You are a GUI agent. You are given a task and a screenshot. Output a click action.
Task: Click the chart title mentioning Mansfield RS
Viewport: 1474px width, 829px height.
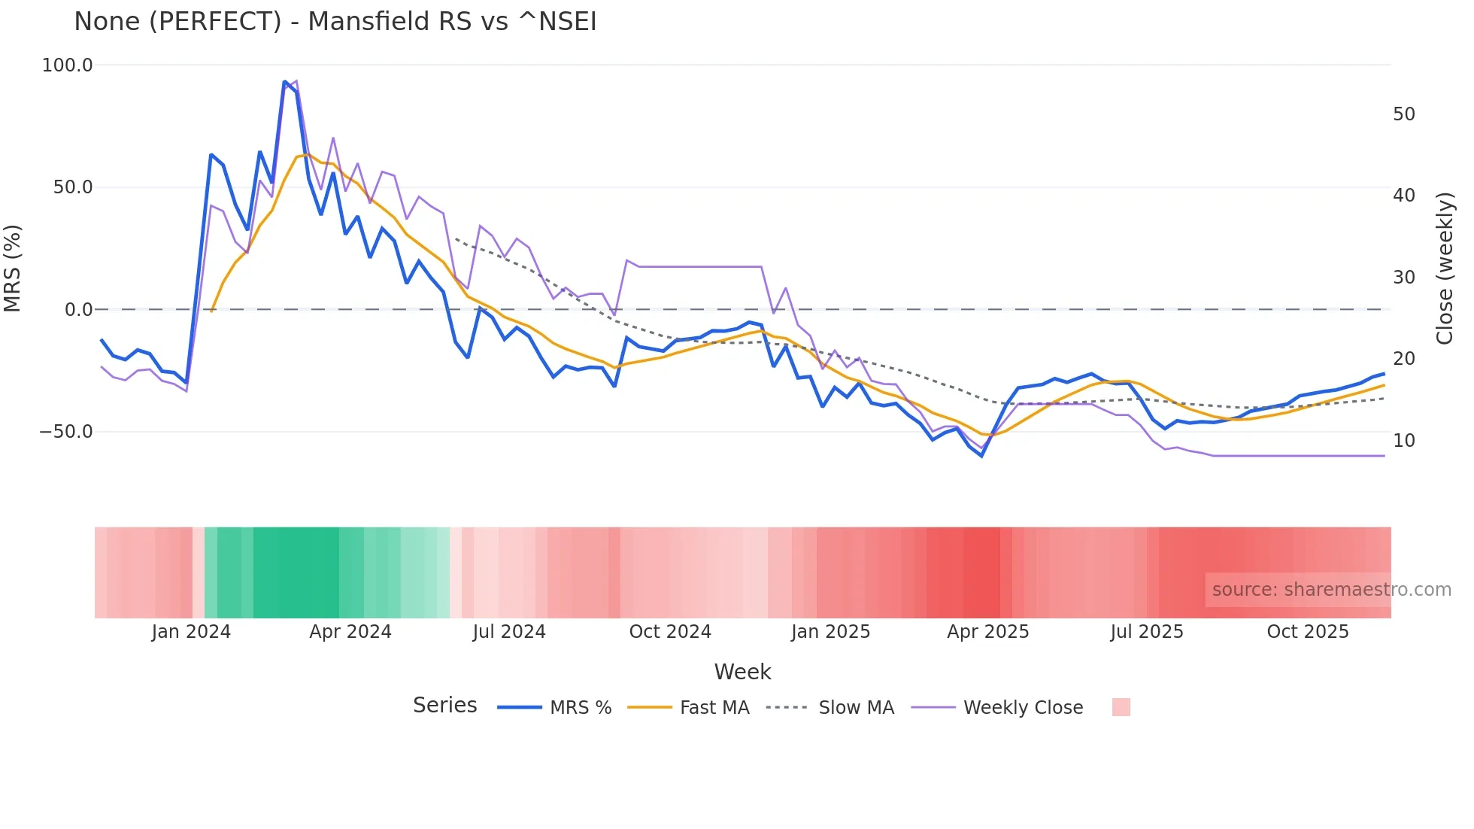coord(335,21)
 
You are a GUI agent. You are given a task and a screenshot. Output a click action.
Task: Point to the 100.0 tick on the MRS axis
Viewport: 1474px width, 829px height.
coord(67,65)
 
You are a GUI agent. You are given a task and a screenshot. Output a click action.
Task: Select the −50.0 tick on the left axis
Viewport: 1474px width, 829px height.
coord(65,432)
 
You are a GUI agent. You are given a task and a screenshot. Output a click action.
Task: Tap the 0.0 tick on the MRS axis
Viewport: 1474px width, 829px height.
coord(78,309)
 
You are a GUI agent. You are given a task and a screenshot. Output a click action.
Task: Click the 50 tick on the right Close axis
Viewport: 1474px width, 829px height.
coord(1403,114)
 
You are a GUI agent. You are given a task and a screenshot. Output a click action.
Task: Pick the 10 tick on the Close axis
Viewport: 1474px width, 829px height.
coord(1403,441)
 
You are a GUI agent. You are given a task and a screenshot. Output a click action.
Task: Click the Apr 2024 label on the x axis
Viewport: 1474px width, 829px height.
coord(350,632)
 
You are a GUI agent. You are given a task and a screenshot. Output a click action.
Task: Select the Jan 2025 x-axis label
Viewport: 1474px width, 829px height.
coord(830,632)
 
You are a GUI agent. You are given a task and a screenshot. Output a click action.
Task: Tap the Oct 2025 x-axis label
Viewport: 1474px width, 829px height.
coord(1307,632)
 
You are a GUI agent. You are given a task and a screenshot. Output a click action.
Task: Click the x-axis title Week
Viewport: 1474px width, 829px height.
coord(742,672)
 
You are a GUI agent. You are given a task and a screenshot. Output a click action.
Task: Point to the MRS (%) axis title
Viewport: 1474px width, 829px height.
coord(13,268)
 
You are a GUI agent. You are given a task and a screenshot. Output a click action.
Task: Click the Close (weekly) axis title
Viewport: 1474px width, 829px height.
coord(1444,268)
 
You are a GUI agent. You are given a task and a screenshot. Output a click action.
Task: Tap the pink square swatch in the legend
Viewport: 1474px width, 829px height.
coord(1121,707)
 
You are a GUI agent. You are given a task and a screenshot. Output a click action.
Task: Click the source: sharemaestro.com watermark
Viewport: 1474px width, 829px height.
coord(1331,590)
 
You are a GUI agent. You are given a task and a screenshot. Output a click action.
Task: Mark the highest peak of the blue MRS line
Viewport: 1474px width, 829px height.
coord(284,82)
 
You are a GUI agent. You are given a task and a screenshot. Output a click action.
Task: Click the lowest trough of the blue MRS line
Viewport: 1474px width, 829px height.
coord(981,456)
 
